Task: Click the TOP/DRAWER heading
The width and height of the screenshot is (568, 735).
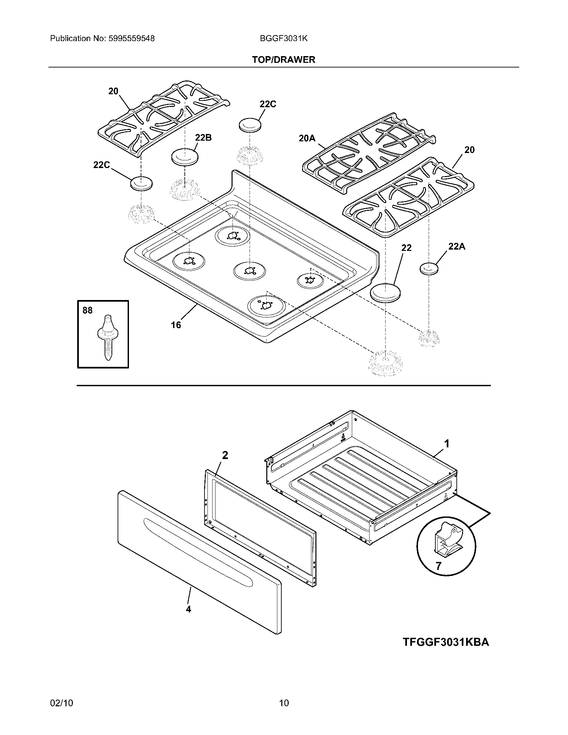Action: (284, 60)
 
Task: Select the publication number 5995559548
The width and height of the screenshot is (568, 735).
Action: (132, 39)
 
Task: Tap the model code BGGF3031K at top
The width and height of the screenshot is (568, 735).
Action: (284, 39)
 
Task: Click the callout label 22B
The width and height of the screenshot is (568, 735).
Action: (203, 138)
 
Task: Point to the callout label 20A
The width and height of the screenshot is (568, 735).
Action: (307, 138)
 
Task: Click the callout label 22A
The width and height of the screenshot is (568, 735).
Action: (457, 247)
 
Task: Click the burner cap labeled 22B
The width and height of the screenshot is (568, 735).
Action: (185, 157)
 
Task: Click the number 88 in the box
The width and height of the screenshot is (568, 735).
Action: (88, 310)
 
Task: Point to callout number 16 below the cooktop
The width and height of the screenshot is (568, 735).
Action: (176, 325)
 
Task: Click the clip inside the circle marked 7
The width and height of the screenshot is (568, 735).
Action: (447, 542)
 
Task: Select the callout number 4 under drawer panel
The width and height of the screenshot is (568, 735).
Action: (188, 609)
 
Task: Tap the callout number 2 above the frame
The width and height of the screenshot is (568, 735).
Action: (225, 455)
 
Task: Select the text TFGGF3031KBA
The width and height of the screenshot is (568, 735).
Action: (446, 642)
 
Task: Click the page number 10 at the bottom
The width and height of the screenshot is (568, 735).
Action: (284, 703)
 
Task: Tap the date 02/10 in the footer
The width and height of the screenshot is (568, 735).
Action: (61, 703)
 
